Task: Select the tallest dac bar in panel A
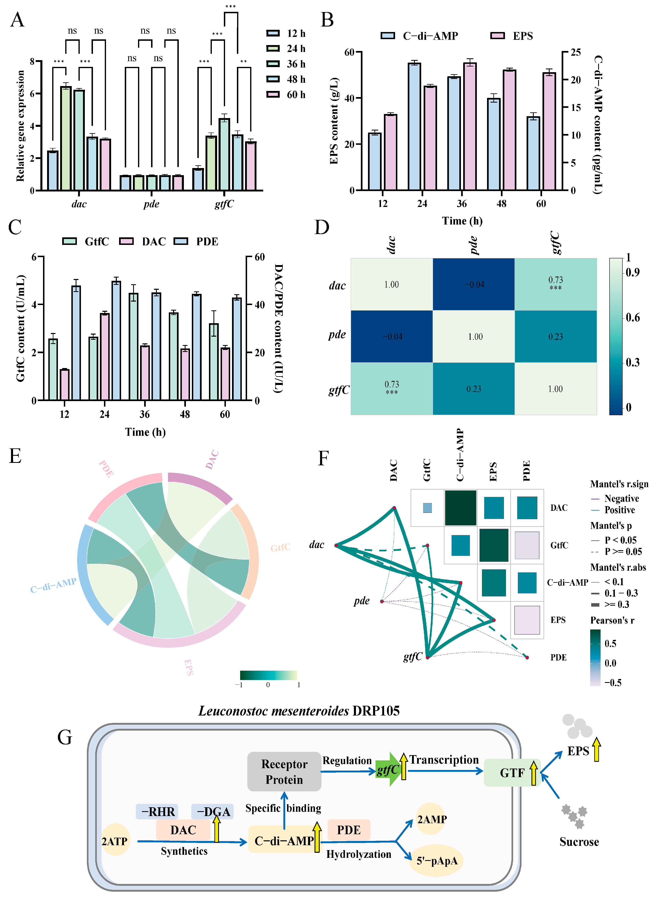tap(66, 138)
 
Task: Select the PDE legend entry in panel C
tap(197, 241)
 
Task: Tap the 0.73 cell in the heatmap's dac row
tap(555, 284)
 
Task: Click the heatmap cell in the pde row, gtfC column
tap(555, 336)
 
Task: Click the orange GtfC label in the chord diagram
tap(280, 547)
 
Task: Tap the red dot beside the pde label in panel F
tap(382, 601)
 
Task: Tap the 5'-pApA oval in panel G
tap(437, 861)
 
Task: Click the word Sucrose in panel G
tap(579, 842)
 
